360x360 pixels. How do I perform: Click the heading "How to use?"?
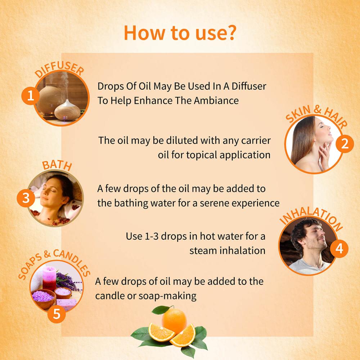(x=180, y=33)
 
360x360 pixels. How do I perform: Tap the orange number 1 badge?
(x=31, y=96)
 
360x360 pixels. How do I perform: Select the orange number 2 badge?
(x=345, y=144)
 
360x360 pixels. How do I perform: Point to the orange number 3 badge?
(x=26, y=198)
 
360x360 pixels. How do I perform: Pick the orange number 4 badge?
(x=339, y=249)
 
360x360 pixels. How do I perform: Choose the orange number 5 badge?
(x=57, y=314)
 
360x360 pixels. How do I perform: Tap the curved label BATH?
(x=57, y=165)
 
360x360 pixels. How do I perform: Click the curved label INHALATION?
(x=311, y=218)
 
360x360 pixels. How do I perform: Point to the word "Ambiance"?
(x=216, y=100)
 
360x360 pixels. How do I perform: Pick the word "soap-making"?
(x=168, y=296)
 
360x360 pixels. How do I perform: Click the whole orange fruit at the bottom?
(x=174, y=320)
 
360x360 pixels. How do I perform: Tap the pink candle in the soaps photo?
(x=49, y=278)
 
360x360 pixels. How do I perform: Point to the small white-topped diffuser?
(x=67, y=110)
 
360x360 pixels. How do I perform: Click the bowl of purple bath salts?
(x=43, y=298)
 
